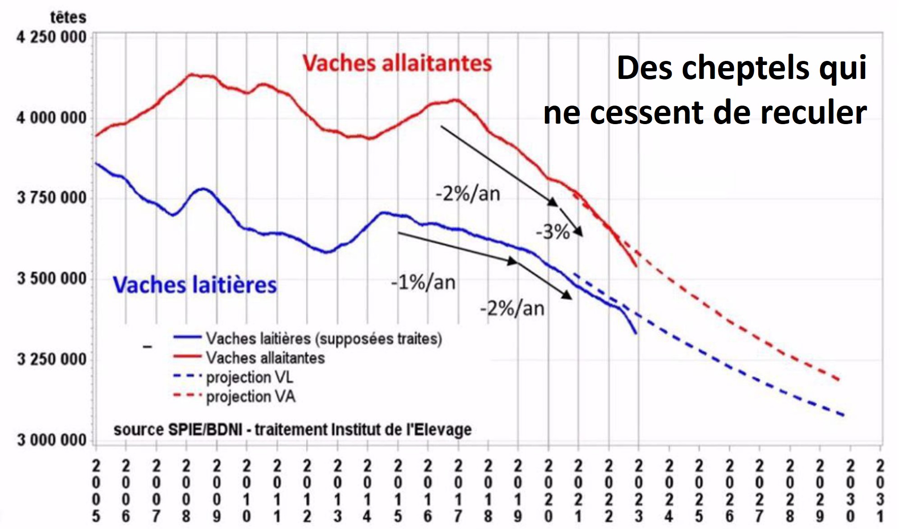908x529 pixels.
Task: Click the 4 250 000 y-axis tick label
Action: tap(51, 37)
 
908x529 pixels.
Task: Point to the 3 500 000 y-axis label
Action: tap(51, 278)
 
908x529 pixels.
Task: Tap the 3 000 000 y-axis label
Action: tap(51, 440)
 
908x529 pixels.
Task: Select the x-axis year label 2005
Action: tap(96, 491)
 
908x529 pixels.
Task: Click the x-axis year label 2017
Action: tap(458, 491)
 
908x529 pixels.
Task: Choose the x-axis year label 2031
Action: tap(880, 491)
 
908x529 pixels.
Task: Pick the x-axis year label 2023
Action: tap(639, 491)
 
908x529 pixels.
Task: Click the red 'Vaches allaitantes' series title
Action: tap(397, 63)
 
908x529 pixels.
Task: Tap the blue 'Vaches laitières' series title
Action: tap(194, 285)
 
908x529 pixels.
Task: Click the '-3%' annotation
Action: tap(553, 232)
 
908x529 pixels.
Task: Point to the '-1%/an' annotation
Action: tap(423, 283)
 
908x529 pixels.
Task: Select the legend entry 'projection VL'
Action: tap(249, 377)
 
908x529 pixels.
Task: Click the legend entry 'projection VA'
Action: tap(251, 397)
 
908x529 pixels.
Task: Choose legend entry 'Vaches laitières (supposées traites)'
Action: tap(324, 339)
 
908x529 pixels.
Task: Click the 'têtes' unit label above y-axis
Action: tap(68, 17)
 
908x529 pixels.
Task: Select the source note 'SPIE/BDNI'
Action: tap(205, 429)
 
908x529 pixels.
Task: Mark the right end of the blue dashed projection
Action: tap(843, 415)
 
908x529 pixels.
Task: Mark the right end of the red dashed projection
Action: tap(839, 380)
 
